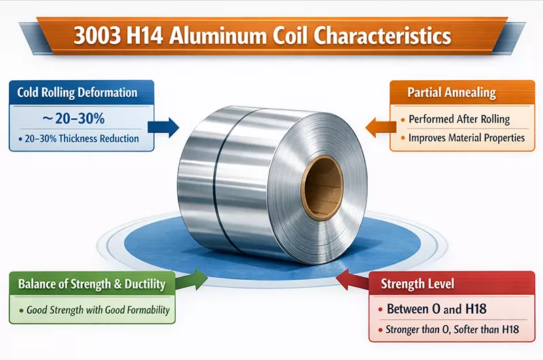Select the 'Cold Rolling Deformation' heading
coord(78,93)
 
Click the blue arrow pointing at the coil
coord(167,126)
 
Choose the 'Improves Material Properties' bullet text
coord(466,138)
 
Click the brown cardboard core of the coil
coord(322,186)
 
